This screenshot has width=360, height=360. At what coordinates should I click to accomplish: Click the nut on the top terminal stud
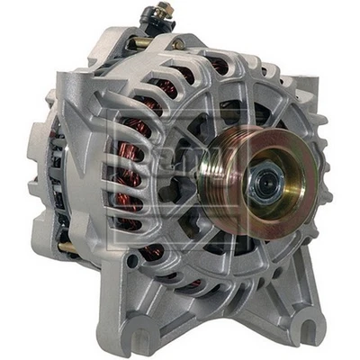[x=161, y=11]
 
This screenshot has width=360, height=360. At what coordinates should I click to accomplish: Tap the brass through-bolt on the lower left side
[x=66, y=246]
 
